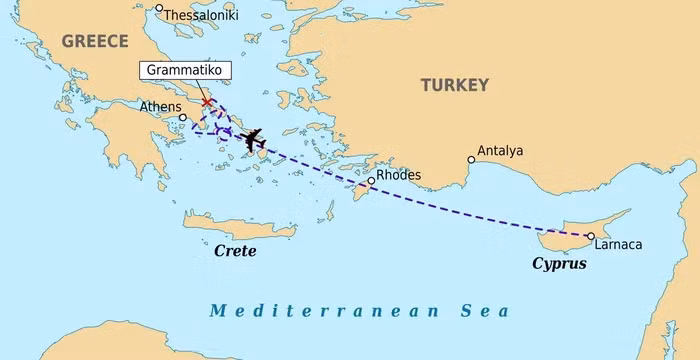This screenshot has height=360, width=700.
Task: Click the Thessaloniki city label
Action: (x=201, y=16)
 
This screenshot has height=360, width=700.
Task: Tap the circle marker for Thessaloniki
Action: (x=159, y=9)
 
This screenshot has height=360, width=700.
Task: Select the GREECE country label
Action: (x=95, y=41)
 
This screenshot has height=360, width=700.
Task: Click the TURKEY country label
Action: (x=454, y=85)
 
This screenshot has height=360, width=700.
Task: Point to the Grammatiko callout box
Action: (x=183, y=71)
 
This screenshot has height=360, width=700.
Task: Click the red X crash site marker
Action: (x=206, y=102)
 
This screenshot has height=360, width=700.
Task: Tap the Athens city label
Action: (x=160, y=107)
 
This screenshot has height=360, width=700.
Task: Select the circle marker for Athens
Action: (x=183, y=117)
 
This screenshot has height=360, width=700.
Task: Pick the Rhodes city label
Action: (x=398, y=175)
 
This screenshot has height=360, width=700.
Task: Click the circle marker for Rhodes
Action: (x=371, y=181)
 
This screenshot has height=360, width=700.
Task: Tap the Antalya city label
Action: (x=500, y=151)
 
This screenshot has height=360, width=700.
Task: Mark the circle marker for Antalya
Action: (x=471, y=159)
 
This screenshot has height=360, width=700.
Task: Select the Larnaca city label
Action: (x=617, y=244)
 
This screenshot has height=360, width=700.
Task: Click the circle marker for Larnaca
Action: (x=590, y=236)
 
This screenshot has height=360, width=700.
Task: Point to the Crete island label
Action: (x=236, y=251)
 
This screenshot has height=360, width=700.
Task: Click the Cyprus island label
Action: (x=558, y=265)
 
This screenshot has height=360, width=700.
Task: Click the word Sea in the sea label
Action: (x=478, y=311)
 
